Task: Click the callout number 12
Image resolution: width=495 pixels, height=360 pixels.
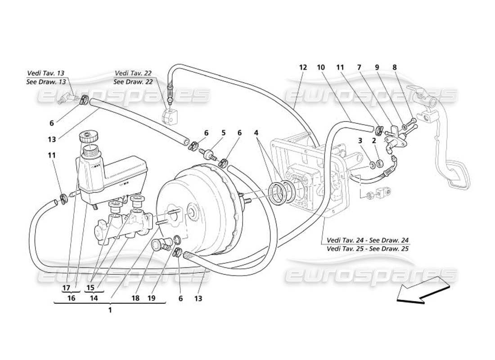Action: [x=302, y=67]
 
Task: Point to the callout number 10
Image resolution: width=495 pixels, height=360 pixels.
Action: [x=321, y=67]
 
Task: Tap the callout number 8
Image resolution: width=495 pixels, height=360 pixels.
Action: [x=395, y=67]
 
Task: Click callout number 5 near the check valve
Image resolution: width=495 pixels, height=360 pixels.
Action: [x=223, y=133]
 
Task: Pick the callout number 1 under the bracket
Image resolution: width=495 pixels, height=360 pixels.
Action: [x=109, y=310]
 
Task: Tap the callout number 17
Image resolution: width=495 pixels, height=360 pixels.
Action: [x=66, y=288]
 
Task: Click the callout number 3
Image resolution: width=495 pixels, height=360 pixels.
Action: [x=360, y=141]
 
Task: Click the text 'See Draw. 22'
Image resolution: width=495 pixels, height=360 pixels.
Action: [x=133, y=81]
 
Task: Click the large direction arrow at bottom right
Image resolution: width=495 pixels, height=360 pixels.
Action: [x=423, y=292]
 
